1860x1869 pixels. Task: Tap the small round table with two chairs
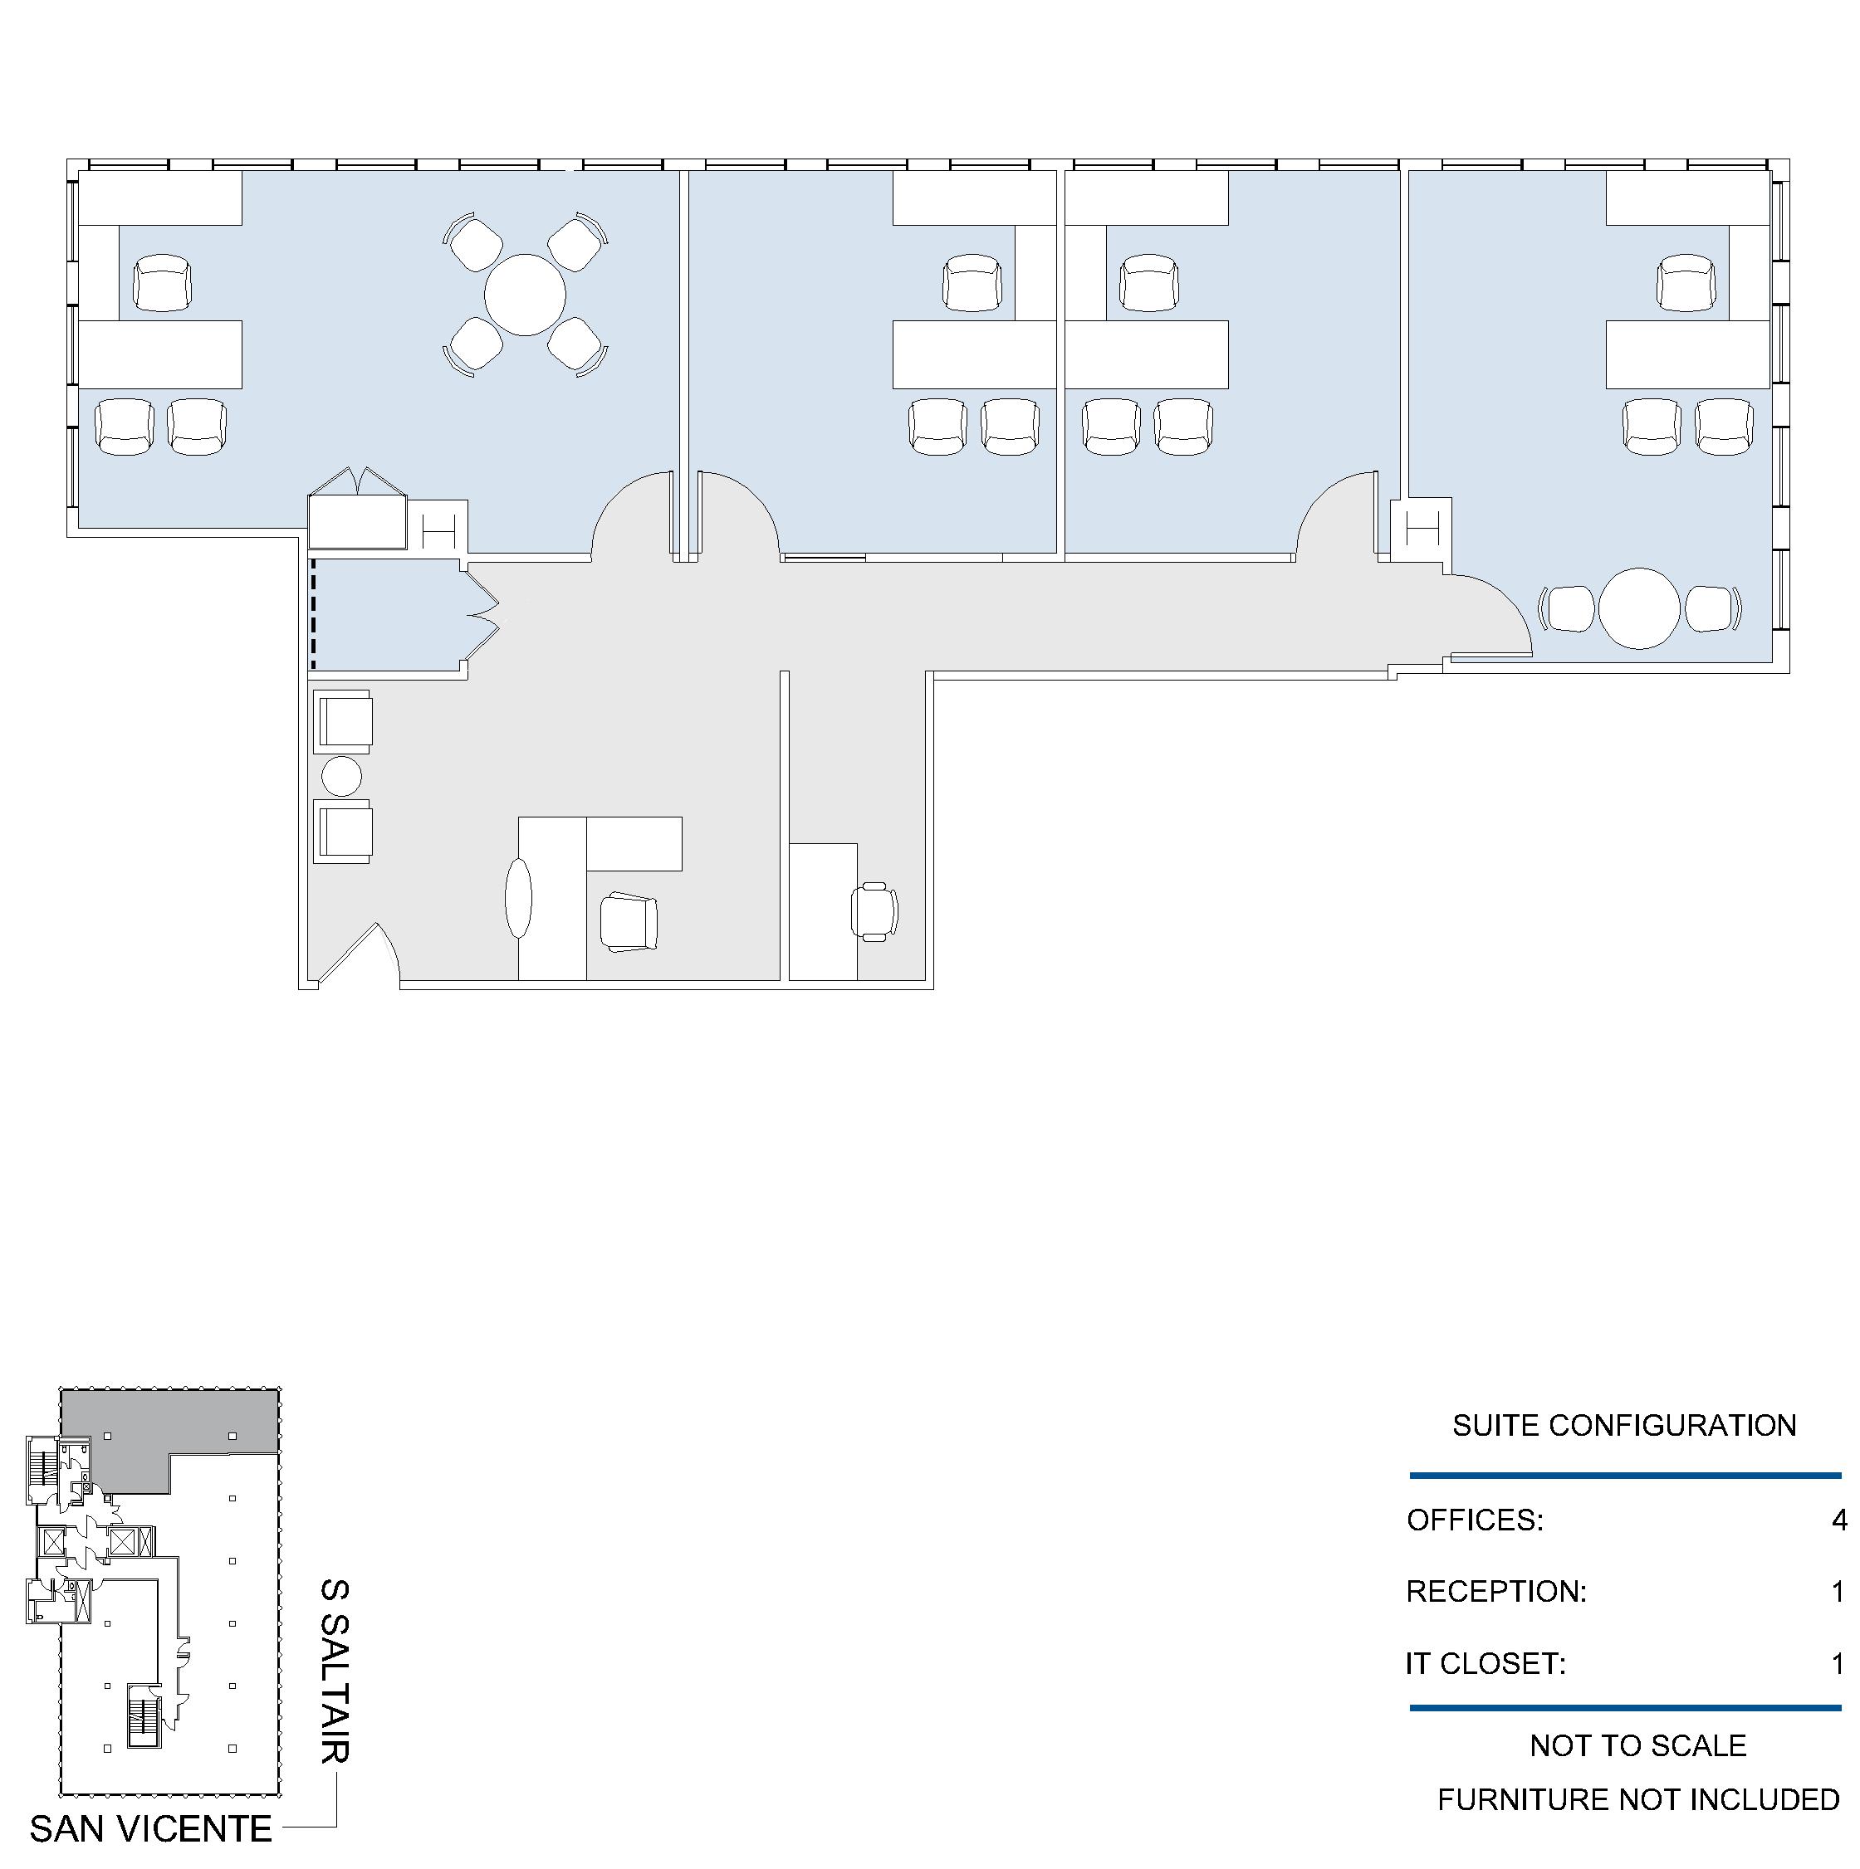click(1639, 608)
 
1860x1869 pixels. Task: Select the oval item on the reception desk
click(519, 897)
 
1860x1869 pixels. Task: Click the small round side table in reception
click(340, 776)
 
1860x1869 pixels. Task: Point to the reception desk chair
click(629, 922)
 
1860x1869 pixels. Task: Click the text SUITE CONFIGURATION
click(1624, 1425)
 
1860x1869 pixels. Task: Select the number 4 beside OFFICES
click(1838, 1520)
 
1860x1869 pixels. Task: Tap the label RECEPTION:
click(1495, 1591)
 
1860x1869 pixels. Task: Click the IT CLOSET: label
click(1486, 1664)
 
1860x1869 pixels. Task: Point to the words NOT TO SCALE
click(1637, 1745)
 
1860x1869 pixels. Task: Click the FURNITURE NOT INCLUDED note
click(1637, 1799)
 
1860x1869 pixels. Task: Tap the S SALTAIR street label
click(335, 1671)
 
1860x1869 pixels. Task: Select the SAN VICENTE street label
click(150, 1828)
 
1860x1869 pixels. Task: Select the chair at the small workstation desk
click(874, 911)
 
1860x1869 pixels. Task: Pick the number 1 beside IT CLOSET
click(1838, 1664)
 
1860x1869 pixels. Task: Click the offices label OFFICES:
click(1475, 1520)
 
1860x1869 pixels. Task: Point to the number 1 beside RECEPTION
click(1838, 1591)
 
